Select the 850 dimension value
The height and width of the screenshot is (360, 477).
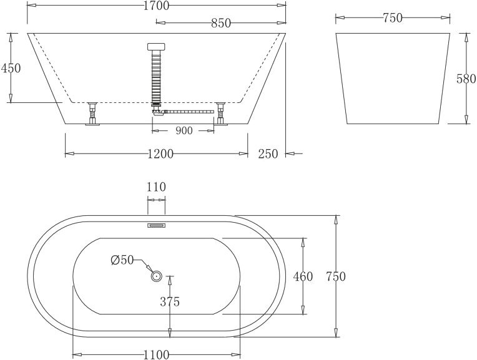click(220, 23)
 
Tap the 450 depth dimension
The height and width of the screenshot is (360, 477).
click(11, 68)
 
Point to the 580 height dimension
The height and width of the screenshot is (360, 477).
click(466, 79)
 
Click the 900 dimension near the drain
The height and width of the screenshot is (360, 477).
click(184, 131)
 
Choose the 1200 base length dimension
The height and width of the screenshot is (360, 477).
click(160, 154)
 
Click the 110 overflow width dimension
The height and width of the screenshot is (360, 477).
click(156, 187)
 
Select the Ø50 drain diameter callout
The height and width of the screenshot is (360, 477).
click(122, 260)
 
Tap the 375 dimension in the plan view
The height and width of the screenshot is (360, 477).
click(170, 302)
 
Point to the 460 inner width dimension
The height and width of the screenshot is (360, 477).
click(303, 276)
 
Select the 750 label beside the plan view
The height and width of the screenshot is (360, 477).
click(335, 277)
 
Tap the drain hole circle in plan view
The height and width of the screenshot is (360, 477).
click(156, 275)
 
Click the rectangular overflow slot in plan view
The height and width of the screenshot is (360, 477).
click(156, 226)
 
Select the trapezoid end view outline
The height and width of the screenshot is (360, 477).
click(393, 78)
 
